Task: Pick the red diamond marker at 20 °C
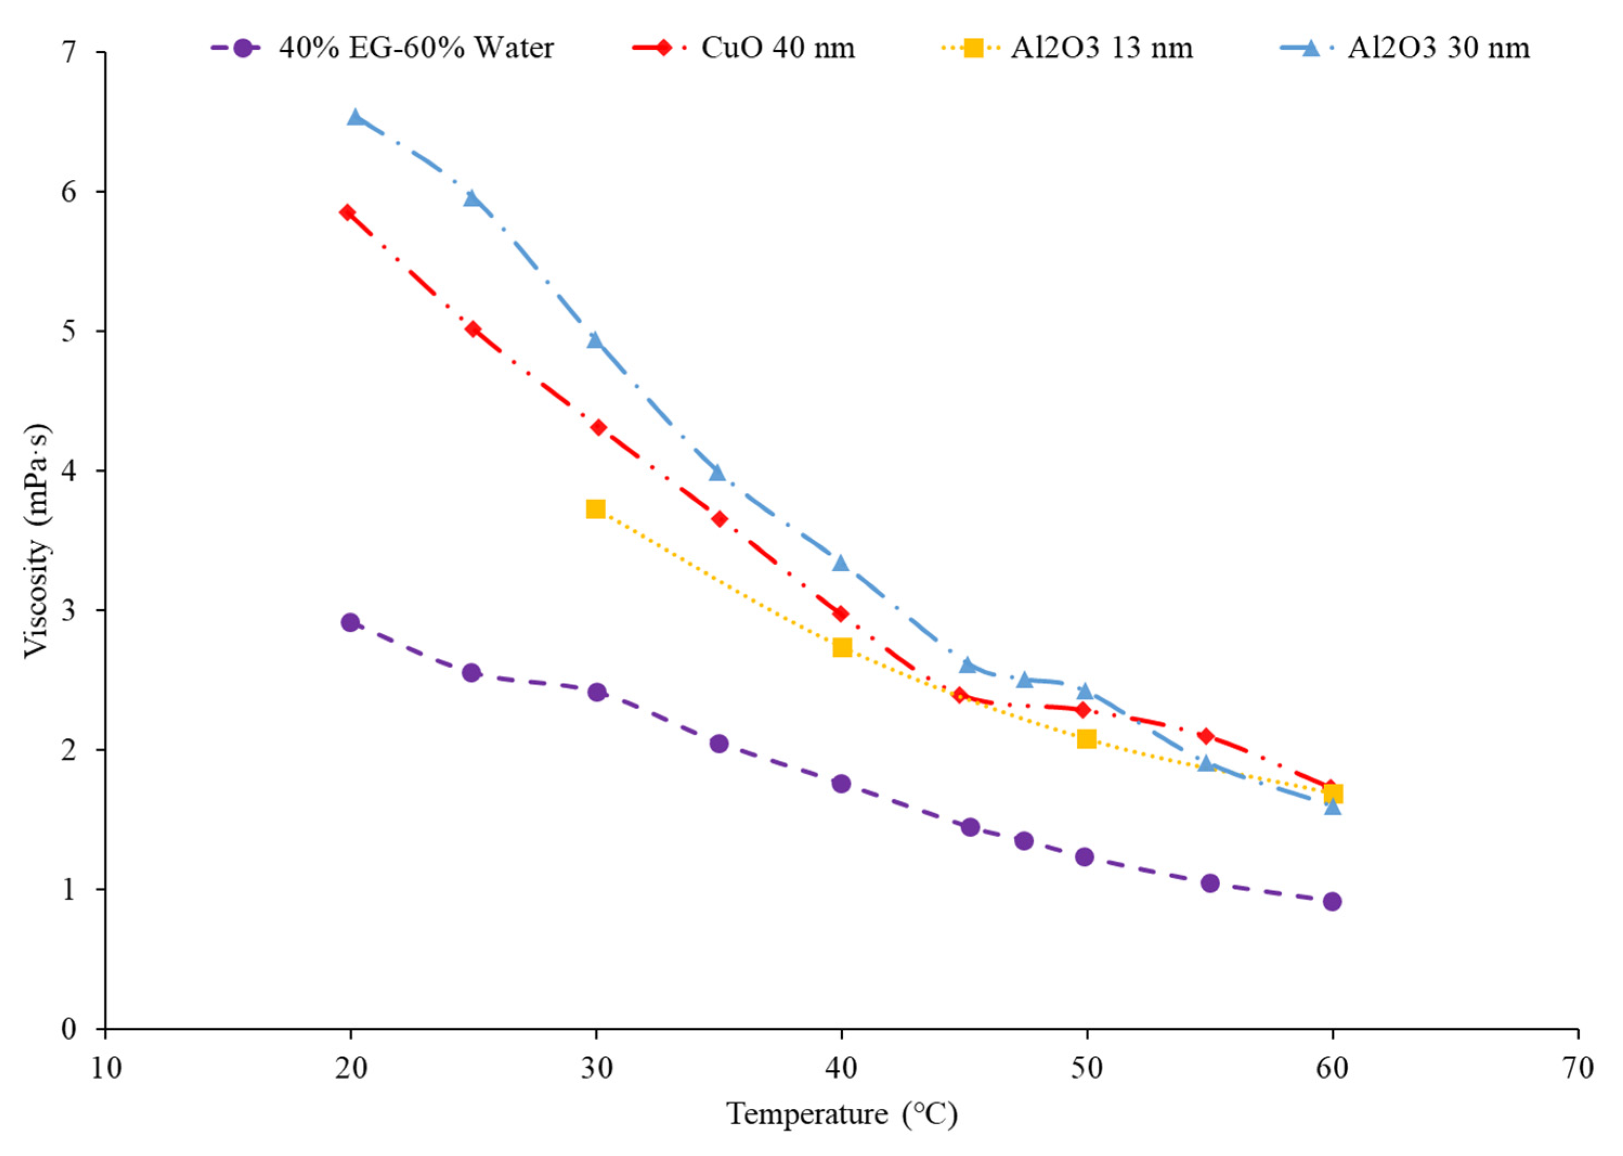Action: (347, 212)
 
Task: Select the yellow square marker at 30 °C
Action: (596, 509)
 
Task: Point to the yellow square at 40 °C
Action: (842, 647)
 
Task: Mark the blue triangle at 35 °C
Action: (717, 473)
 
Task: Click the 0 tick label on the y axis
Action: (68, 1029)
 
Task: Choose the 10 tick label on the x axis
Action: (106, 1068)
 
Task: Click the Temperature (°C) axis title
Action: (842, 1113)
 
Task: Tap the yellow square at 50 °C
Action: (1086, 739)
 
